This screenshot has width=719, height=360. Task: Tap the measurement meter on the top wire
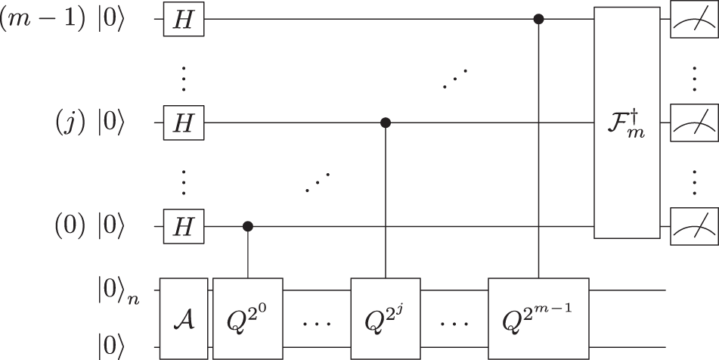click(x=692, y=20)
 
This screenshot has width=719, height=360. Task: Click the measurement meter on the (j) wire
click(x=692, y=123)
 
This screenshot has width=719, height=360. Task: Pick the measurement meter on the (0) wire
click(x=692, y=225)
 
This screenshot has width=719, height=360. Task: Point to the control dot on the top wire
click(x=538, y=20)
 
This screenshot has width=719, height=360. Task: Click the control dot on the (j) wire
click(x=386, y=123)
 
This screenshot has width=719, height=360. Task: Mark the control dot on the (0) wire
click(x=247, y=225)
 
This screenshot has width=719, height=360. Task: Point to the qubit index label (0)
click(x=69, y=225)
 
